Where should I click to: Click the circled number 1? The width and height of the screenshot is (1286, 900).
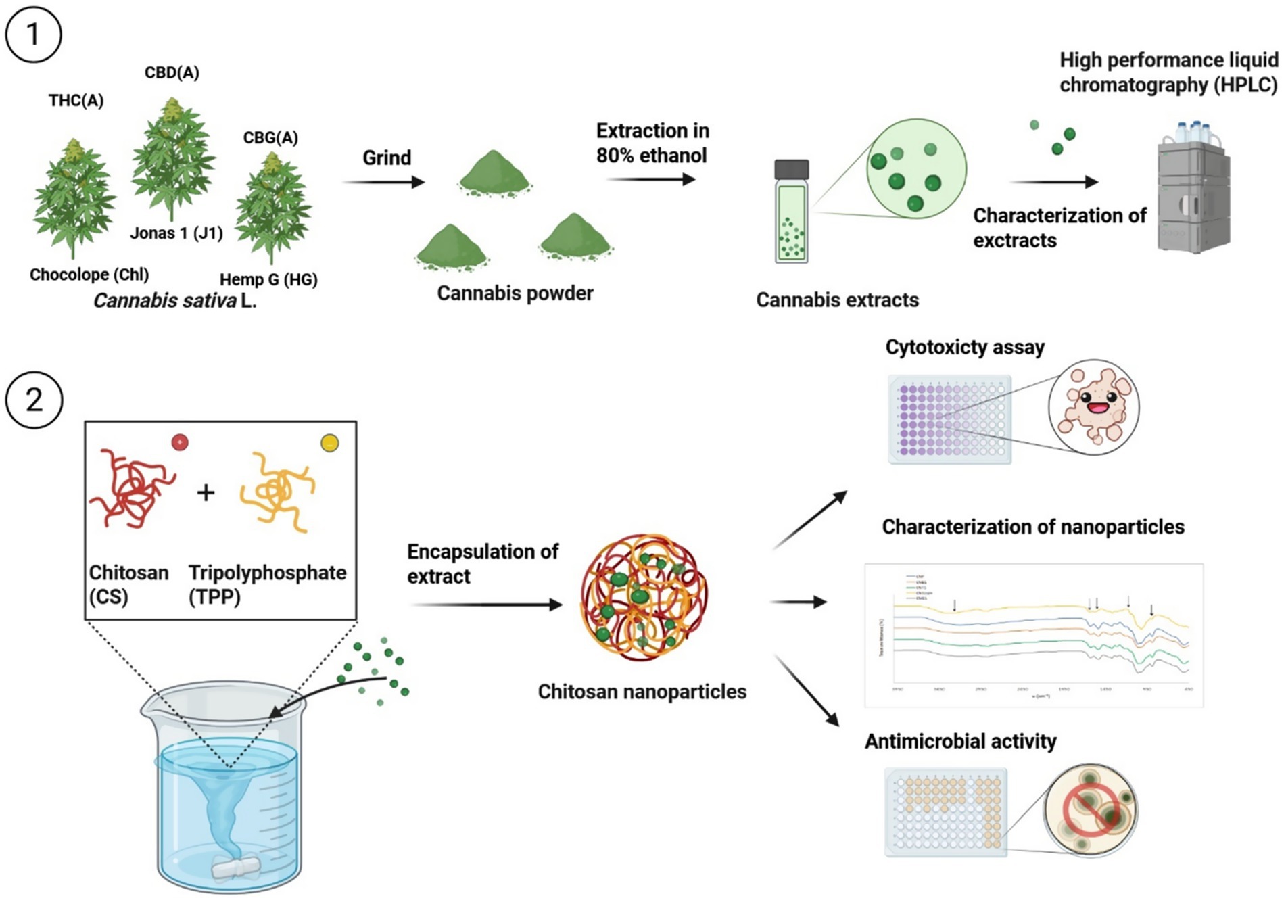(x=33, y=34)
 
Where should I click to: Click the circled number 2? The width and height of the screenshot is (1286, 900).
(x=34, y=400)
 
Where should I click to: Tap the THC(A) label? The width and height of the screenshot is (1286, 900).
(x=76, y=101)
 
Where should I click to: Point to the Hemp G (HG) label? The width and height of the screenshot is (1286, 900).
(x=268, y=279)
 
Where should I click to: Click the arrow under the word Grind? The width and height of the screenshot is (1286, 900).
(x=383, y=182)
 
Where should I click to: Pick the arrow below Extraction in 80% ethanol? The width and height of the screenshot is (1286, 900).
(x=651, y=179)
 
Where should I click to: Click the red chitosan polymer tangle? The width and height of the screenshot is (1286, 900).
(x=132, y=487)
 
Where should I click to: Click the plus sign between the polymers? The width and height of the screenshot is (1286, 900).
(x=206, y=492)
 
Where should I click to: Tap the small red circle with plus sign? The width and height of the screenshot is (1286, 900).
(x=180, y=442)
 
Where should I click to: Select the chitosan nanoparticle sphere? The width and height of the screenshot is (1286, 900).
(x=644, y=597)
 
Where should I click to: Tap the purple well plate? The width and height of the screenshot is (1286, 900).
(x=949, y=419)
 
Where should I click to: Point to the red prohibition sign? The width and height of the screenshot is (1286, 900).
(x=1091, y=810)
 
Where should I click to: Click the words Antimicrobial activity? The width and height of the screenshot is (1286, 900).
(x=960, y=741)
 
